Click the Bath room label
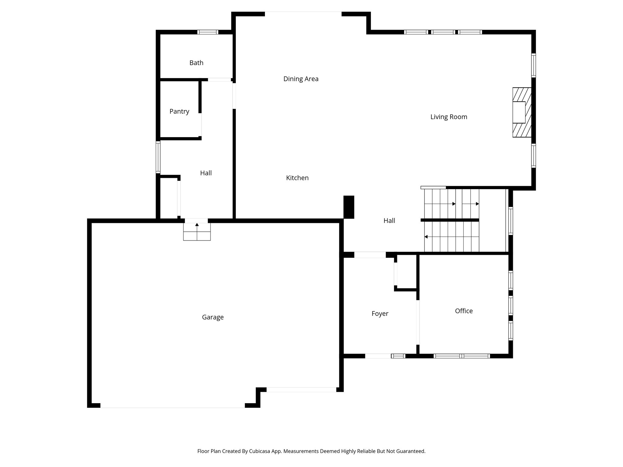pos(196,63)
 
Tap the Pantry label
pos(179,112)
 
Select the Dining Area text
pos(301,79)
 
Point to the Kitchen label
pos(297,178)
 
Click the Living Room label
pos(449,117)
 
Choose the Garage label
pos(213,317)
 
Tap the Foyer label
pos(380,314)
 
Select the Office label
pos(464,311)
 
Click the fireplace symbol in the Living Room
pos(522,112)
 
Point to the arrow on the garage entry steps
pos(197,225)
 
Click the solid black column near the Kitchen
pos(349,207)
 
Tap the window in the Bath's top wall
pos(208,32)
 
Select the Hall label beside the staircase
pos(389,221)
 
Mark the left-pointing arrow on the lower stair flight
pos(426,237)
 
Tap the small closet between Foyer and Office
pos(406,272)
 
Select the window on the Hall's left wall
pos(158,157)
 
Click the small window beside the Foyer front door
pos(398,356)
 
